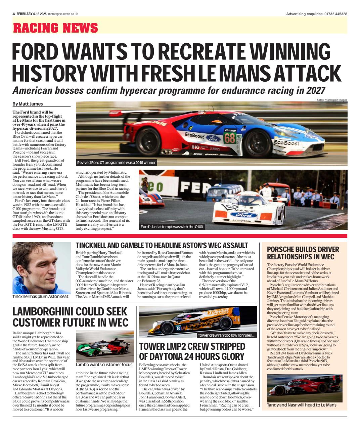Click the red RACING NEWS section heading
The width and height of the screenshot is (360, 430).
[55, 28]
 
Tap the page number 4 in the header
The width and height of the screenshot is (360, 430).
[14, 14]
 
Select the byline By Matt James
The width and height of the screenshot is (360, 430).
[28, 104]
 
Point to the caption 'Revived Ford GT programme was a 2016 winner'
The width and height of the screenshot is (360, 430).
[116, 163]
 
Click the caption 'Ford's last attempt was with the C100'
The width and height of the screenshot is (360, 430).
[172, 227]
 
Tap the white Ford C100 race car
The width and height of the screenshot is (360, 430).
[245, 208]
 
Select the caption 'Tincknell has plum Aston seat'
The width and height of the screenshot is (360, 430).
[40, 297]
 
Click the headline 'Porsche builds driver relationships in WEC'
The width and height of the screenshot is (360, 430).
[303, 253]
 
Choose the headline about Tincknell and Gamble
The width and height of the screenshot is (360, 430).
[162, 246]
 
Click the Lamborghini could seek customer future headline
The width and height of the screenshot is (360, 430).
[70, 317]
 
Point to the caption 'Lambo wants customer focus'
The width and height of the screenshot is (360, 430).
[104, 364]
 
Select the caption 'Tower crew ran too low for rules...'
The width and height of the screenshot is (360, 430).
[226, 336]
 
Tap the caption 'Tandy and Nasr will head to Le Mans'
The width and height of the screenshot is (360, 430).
[302, 405]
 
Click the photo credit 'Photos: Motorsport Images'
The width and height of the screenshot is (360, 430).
[331, 100]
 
